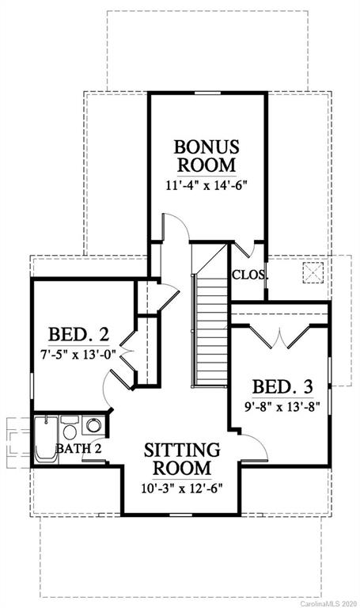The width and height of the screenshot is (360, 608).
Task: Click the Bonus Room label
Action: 207,156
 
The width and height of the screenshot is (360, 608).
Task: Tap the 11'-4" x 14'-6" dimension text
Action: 207,185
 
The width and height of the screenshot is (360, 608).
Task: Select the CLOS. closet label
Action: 250,275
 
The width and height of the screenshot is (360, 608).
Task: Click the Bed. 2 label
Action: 78,334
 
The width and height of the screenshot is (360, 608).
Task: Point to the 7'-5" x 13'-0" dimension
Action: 78,354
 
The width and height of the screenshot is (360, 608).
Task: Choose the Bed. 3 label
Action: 282,386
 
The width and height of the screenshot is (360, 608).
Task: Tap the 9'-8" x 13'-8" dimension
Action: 282,407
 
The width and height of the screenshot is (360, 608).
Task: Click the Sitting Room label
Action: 182,458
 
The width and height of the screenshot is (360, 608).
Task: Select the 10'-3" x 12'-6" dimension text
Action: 182,488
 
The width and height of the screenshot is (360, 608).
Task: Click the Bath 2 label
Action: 79,449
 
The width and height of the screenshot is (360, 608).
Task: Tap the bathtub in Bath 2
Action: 46,439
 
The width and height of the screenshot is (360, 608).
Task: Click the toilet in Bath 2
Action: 70,428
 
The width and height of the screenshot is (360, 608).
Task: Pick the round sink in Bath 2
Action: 93,425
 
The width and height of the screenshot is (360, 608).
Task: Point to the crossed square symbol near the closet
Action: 313,272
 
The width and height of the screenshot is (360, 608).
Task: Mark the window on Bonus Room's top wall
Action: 207,93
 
